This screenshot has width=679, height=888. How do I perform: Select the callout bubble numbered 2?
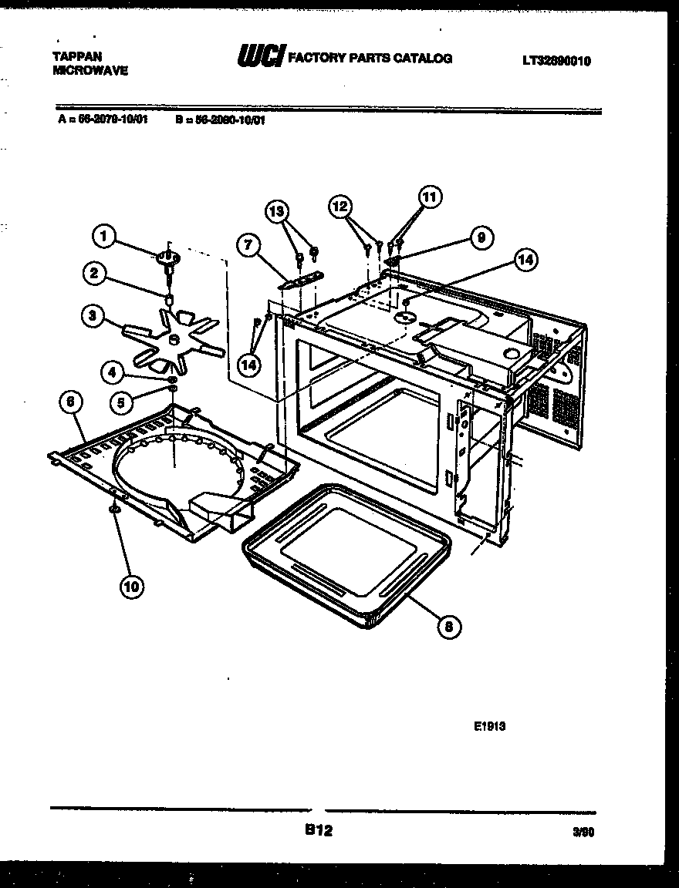[94, 273]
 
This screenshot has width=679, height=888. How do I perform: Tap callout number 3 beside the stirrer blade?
[92, 314]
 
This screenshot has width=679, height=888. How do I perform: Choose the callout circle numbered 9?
[480, 238]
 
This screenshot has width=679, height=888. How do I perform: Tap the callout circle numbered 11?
[429, 197]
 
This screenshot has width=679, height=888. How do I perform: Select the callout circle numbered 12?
[339, 206]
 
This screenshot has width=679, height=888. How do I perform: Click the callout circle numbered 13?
[277, 211]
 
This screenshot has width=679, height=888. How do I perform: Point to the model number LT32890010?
[556, 61]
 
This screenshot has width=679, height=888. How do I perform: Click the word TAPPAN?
[76, 56]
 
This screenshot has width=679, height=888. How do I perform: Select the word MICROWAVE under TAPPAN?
[90, 70]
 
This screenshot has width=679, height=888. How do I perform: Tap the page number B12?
[318, 831]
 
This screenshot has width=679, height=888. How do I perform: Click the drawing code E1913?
[490, 725]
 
